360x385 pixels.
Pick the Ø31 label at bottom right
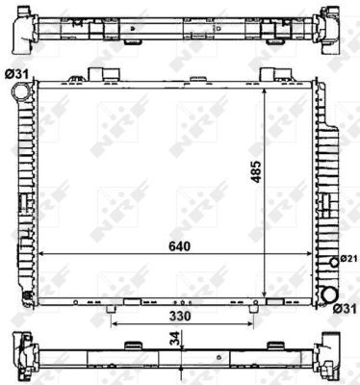click(x=345, y=309)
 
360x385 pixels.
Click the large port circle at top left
click(x=19, y=91)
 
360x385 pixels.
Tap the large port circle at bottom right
click(x=330, y=294)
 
